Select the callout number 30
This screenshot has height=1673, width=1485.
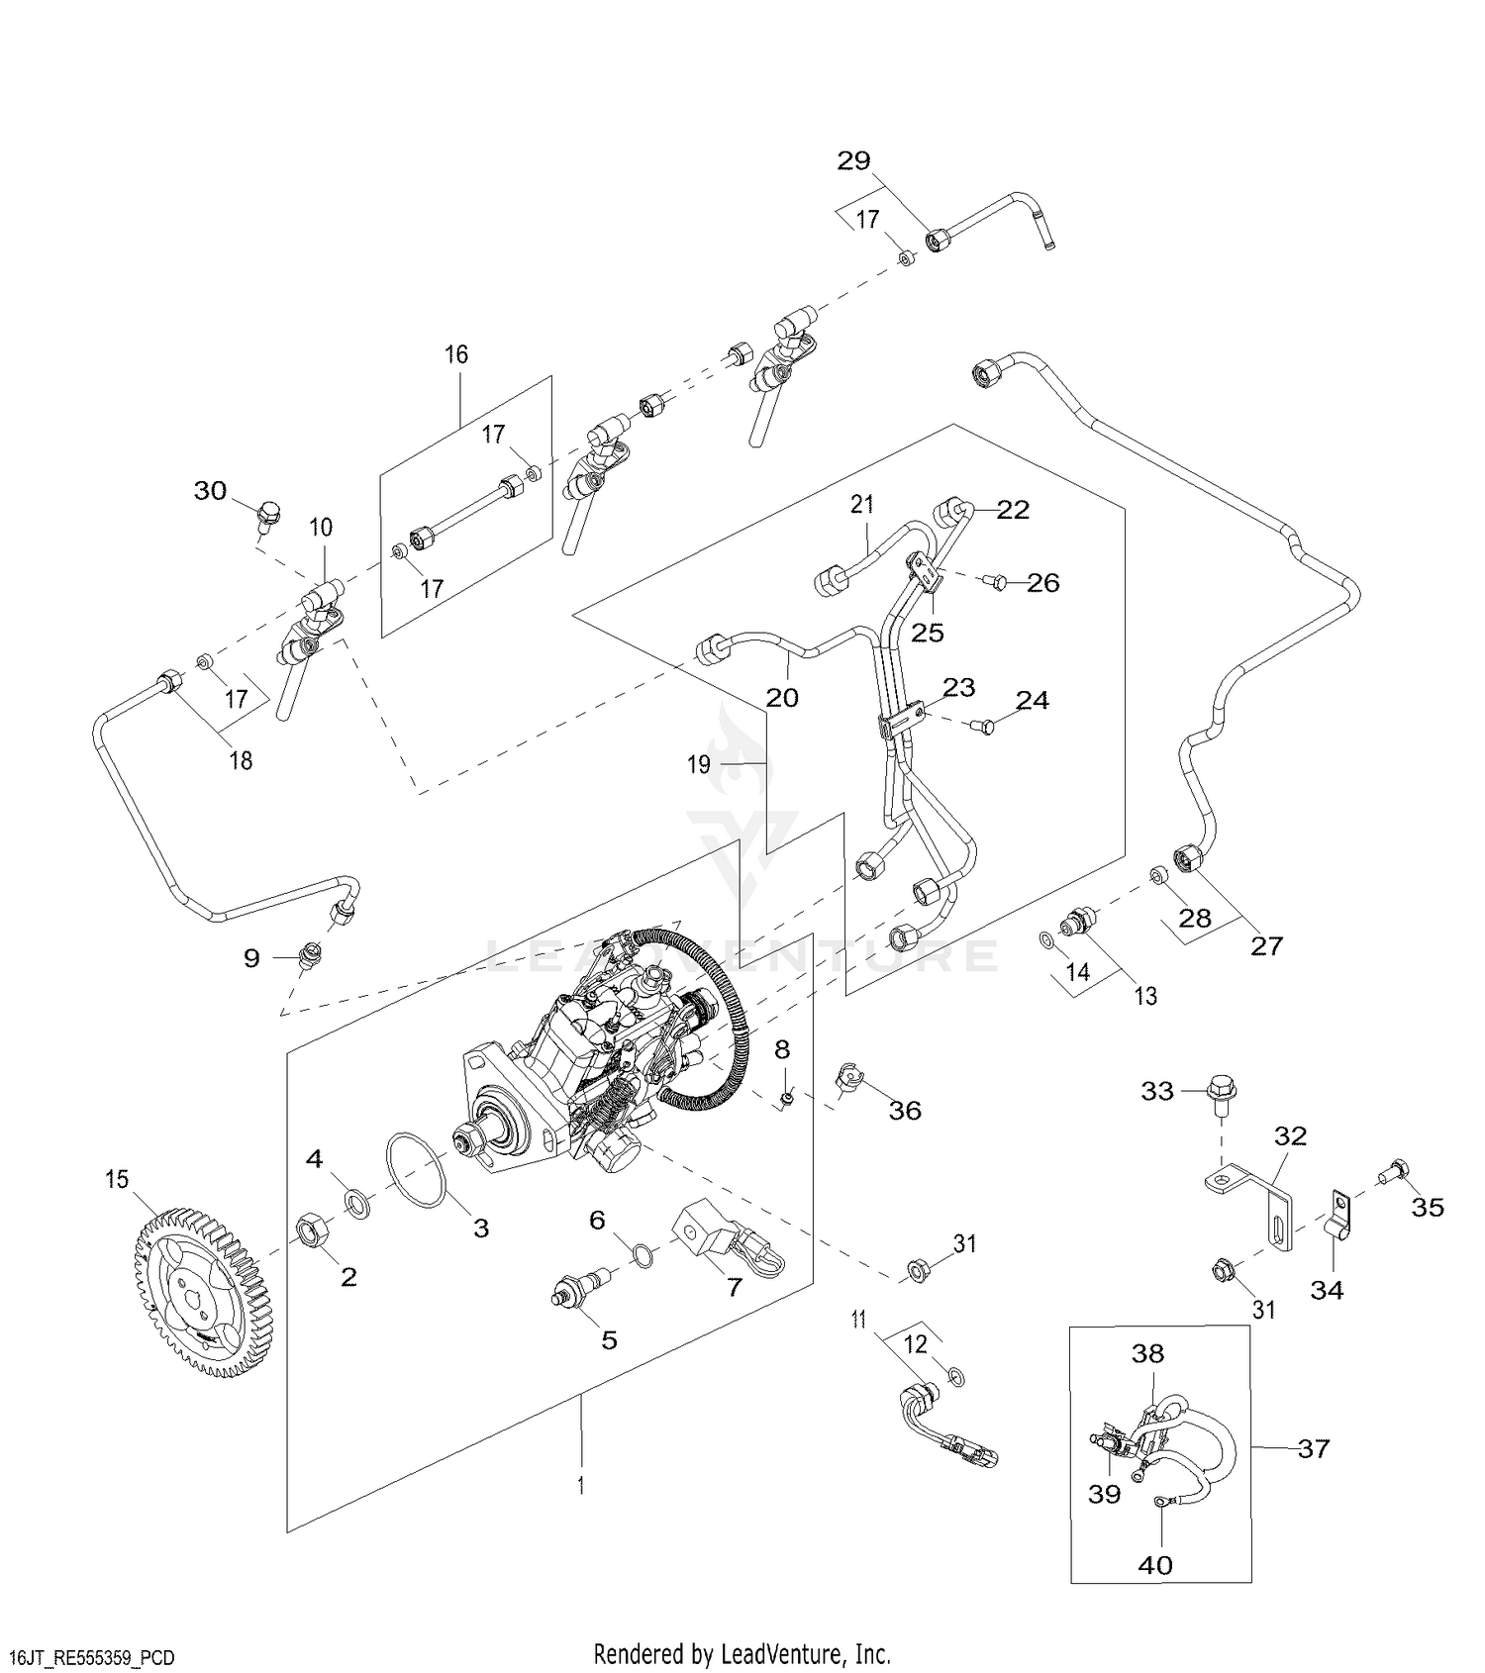click(210, 490)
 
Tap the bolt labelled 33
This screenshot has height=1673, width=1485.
click(1219, 1096)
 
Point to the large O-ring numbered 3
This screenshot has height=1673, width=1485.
click(416, 1169)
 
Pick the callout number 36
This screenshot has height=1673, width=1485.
click(905, 1111)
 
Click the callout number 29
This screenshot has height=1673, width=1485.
click(853, 160)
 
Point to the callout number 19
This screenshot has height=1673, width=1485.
click(699, 764)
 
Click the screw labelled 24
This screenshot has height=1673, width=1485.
click(981, 727)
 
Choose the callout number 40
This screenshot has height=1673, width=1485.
click(1155, 1564)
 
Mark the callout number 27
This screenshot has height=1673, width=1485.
click(1266, 945)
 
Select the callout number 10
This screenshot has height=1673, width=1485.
click(321, 527)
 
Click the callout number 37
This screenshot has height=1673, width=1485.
click(1314, 1448)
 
